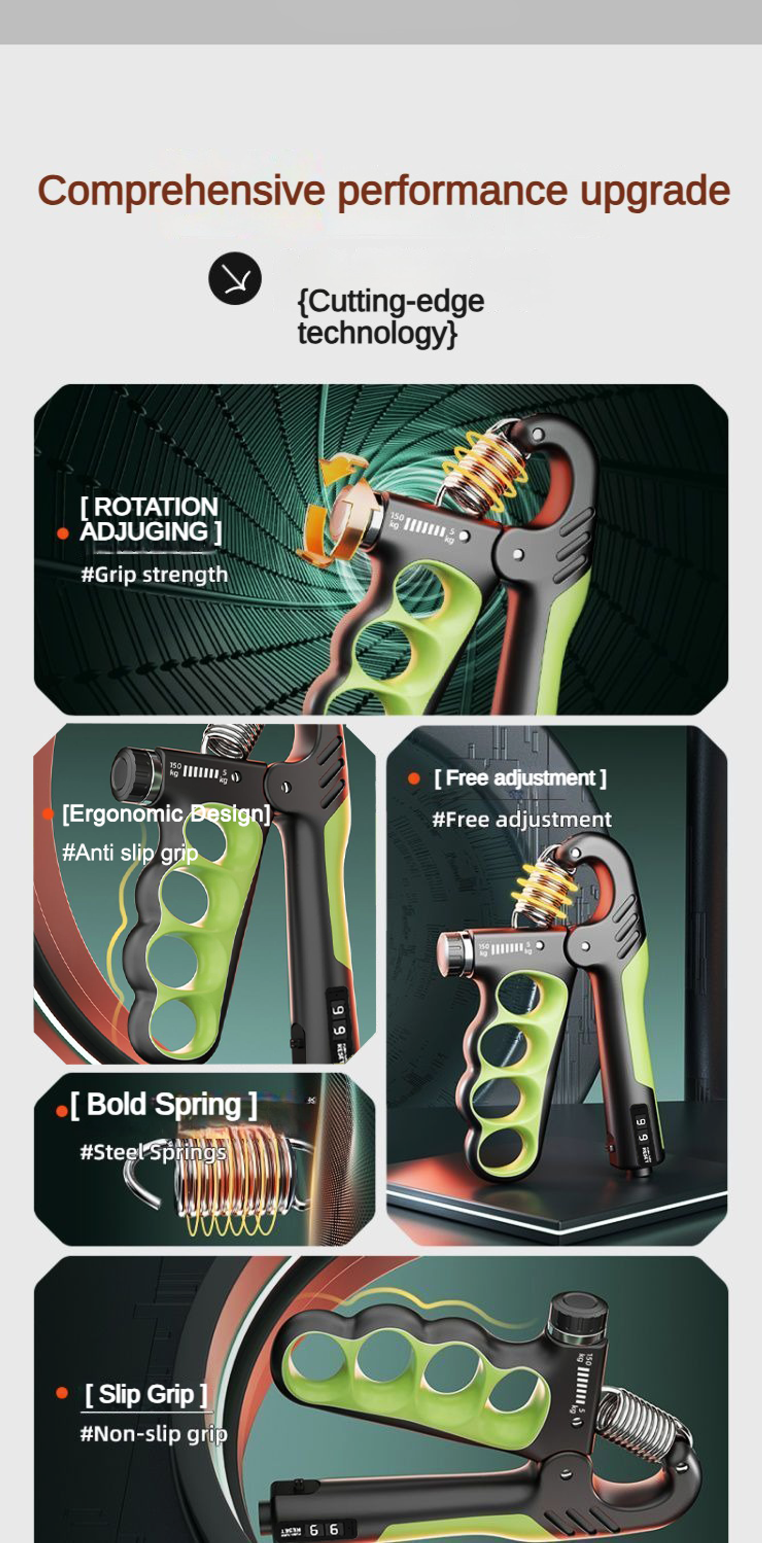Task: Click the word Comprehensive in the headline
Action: [181, 190]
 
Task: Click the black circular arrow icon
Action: [235, 279]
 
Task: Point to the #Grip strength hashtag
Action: [154, 575]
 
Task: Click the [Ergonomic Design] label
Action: [166, 814]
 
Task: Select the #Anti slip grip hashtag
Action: [130, 852]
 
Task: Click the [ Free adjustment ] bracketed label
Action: [520, 778]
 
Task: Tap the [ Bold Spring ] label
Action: [163, 1105]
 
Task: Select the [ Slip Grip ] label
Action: [146, 1394]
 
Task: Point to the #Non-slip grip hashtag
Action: [153, 1434]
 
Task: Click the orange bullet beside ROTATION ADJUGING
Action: [63, 533]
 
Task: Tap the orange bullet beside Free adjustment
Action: [413, 778]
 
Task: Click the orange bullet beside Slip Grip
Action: [62, 1393]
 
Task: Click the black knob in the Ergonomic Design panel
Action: [135, 775]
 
